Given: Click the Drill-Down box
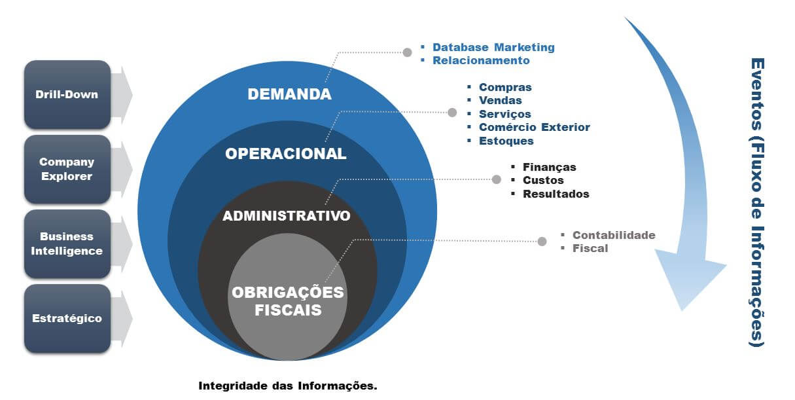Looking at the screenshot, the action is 67,94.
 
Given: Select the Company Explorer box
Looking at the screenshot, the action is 67,169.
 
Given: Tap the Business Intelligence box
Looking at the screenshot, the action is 67,244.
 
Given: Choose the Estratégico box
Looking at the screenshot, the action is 67,318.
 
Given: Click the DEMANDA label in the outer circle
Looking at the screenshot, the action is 290,94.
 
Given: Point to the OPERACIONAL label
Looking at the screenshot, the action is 286,154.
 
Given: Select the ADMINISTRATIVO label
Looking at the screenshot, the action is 287,215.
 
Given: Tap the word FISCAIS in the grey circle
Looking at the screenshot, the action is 288,310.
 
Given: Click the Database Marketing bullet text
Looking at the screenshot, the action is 493,47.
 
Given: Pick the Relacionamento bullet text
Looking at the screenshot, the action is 481,60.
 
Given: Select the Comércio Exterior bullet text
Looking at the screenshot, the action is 535,127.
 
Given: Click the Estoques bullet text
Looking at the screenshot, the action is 506,141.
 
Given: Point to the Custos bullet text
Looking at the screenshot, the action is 543,180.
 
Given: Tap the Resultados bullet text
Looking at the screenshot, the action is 556,194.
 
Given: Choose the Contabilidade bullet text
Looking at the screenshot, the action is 614,235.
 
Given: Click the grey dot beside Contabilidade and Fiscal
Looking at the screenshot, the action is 542,242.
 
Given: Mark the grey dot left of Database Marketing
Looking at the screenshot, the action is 408,52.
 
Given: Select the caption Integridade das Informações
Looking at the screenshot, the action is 288,386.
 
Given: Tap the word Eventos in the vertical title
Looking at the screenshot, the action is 758,94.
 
